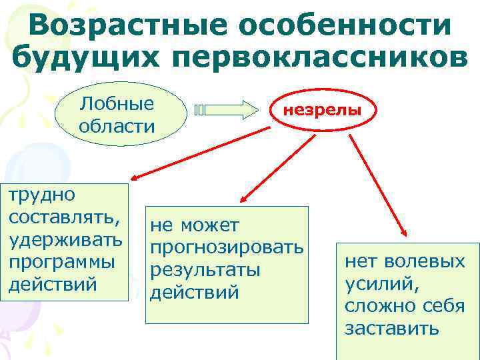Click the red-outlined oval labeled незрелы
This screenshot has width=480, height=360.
(x=323, y=110)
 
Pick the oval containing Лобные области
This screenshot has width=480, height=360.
(x=117, y=114)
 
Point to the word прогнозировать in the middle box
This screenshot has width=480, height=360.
(x=227, y=249)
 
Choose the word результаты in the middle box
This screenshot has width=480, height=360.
(x=204, y=271)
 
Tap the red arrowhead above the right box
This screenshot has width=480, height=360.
(x=405, y=231)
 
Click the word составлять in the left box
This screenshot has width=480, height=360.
(x=64, y=217)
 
